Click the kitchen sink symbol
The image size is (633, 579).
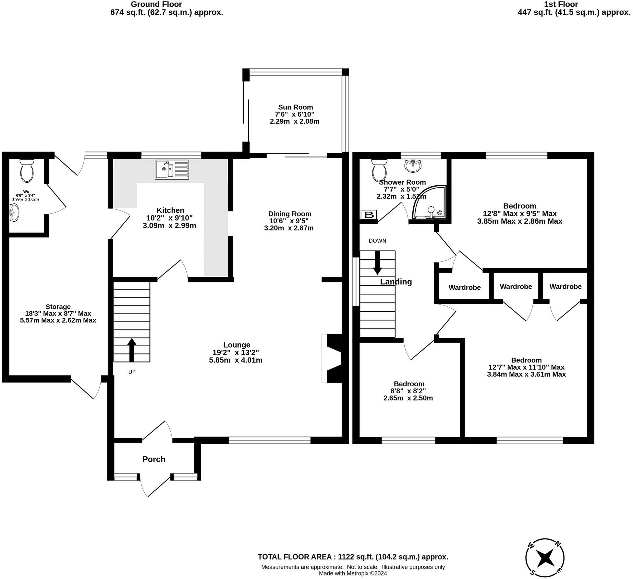pos(172,169)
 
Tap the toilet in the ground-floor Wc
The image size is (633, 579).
pos(27,170)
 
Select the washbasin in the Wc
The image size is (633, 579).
pos(14,213)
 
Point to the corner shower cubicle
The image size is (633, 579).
pos(429,202)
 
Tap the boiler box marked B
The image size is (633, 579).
pos(369,215)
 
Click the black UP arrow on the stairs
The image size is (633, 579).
pos(131,350)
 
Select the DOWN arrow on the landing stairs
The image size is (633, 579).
pos(377,263)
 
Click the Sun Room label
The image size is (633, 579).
pos(295,107)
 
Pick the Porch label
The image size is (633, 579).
pos(154,459)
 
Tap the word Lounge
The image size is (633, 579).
pos(237,345)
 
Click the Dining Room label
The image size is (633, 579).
pos(289,214)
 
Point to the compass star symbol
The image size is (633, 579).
pos(545,558)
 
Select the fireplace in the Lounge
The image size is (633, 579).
pos(332,358)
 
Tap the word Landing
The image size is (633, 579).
pos(396,281)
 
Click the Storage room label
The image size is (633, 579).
pos(58,306)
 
